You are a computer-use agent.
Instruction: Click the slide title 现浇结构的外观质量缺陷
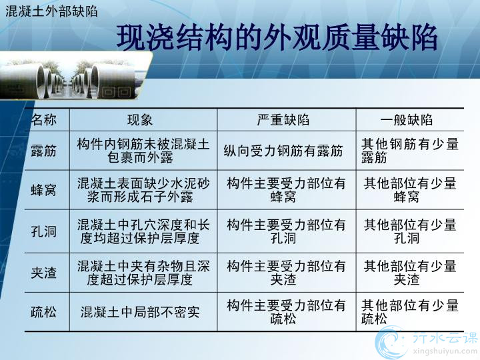pyautogui.click(x=277, y=37)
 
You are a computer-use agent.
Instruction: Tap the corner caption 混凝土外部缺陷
pyautogui.click(x=51, y=11)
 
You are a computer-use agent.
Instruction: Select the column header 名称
pyautogui.click(x=44, y=120)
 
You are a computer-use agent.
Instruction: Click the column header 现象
pyautogui.click(x=140, y=120)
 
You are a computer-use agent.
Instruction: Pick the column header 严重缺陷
pyautogui.click(x=283, y=120)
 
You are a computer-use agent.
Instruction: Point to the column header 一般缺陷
pyautogui.click(x=406, y=120)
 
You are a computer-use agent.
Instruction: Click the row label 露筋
pyautogui.click(x=44, y=151)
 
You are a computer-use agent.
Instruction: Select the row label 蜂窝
pyautogui.click(x=44, y=190)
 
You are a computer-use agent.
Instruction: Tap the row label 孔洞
pyautogui.click(x=44, y=231)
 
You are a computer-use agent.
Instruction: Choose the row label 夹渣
pyautogui.click(x=44, y=273)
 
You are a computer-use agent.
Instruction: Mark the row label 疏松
pyautogui.click(x=44, y=312)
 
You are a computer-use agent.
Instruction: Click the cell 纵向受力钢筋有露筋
pyautogui.click(x=283, y=151)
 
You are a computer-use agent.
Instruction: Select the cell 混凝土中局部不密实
pyautogui.click(x=140, y=312)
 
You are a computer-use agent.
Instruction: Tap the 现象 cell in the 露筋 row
pyautogui.click(x=143, y=151)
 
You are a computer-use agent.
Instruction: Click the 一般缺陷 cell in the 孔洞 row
pyautogui.click(x=410, y=231)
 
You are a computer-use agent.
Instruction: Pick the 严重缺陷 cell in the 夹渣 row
pyautogui.click(x=286, y=273)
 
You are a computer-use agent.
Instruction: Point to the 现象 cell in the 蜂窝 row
pyautogui.click(x=143, y=190)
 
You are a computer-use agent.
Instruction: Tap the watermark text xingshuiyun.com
pyautogui.click(x=445, y=351)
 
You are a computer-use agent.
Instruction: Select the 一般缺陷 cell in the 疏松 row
pyautogui.click(x=409, y=312)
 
